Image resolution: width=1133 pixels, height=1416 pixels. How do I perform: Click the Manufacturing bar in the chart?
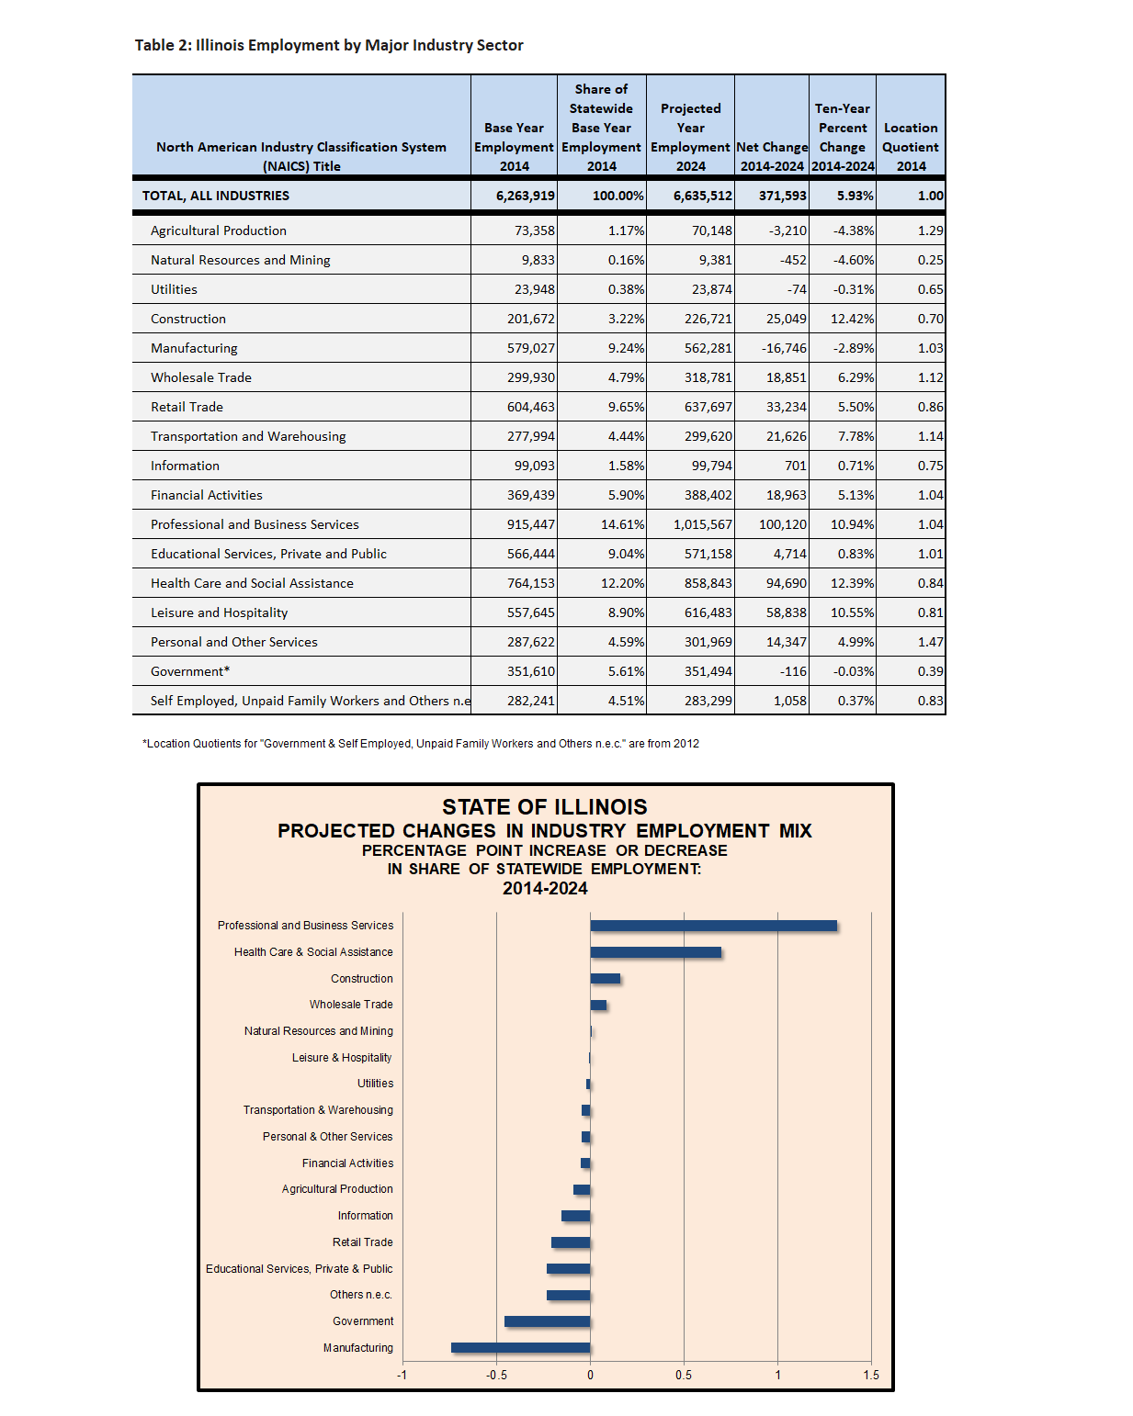click(520, 1347)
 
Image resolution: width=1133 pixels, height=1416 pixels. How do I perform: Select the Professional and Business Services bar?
click(714, 926)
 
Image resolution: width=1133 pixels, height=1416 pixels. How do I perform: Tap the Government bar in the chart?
click(547, 1321)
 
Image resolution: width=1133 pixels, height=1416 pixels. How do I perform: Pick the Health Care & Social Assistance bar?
click(656, 952)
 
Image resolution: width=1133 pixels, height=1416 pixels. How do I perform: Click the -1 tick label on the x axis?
click(402, 1375)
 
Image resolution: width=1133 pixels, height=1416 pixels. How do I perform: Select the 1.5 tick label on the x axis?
click(871, 1375)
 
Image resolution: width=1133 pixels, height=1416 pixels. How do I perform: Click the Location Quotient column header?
click(911, 147)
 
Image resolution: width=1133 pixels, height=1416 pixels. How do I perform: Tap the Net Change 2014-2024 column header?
click(772, 157)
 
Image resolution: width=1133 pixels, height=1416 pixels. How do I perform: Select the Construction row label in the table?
click(188, 319)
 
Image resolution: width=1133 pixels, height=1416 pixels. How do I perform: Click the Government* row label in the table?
click(190, 671)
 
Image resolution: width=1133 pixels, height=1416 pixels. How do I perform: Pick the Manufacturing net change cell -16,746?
click(784, 348)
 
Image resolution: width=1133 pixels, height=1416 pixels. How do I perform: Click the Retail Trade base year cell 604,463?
click(530, 407)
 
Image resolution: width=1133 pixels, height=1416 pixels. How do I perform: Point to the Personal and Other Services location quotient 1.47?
click(930, 642)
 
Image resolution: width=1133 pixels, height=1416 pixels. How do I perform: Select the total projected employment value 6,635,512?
click(702, 196)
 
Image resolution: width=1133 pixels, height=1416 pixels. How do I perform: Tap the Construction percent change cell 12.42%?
click(852, 319)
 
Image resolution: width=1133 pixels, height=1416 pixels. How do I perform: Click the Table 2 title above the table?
click(329, 45)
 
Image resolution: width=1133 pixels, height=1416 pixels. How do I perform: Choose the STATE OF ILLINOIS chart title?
click(544, 806)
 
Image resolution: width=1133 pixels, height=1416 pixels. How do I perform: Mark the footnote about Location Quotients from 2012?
click(421, 744)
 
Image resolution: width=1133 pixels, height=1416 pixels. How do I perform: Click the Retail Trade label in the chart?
click(363, 1242)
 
